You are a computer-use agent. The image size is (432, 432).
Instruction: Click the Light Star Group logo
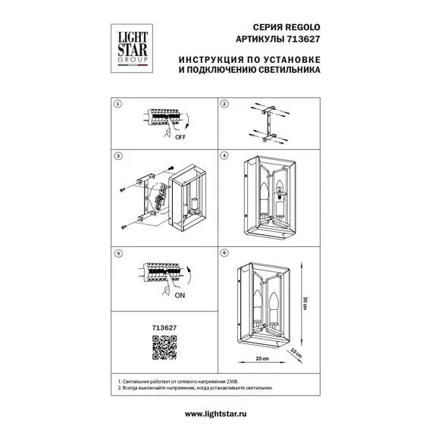(x=132, y=49)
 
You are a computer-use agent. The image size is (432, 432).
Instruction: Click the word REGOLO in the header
(x=302, y=27)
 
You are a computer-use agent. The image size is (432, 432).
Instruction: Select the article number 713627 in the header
(x=303, y=39)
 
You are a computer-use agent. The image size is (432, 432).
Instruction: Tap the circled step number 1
(x=118, y=104)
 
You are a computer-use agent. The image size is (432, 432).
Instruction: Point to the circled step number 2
(x=224, y=104)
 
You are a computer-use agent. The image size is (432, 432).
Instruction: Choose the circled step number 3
(x=118, y=156)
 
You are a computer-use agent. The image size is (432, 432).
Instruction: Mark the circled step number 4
(x=224, y=155)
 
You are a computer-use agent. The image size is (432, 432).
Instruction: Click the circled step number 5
(x=118, y=253)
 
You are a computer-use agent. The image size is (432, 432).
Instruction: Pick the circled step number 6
(x=224, y=252)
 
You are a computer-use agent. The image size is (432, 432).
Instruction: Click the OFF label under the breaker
(x=180, y=137)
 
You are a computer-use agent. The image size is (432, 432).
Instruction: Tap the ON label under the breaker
(x=180, y=296)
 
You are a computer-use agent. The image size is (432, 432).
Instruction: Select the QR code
(x=164, y=347)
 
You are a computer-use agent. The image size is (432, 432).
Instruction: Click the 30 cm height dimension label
(x=305, y=303)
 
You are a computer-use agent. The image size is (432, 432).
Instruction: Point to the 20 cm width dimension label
(x=262, y=358)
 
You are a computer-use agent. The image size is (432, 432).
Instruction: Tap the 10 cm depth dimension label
(x=296, y=353)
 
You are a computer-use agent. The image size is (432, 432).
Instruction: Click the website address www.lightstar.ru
(x=216, y=414)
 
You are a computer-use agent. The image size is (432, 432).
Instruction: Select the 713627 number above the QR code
(x=164, y=327)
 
